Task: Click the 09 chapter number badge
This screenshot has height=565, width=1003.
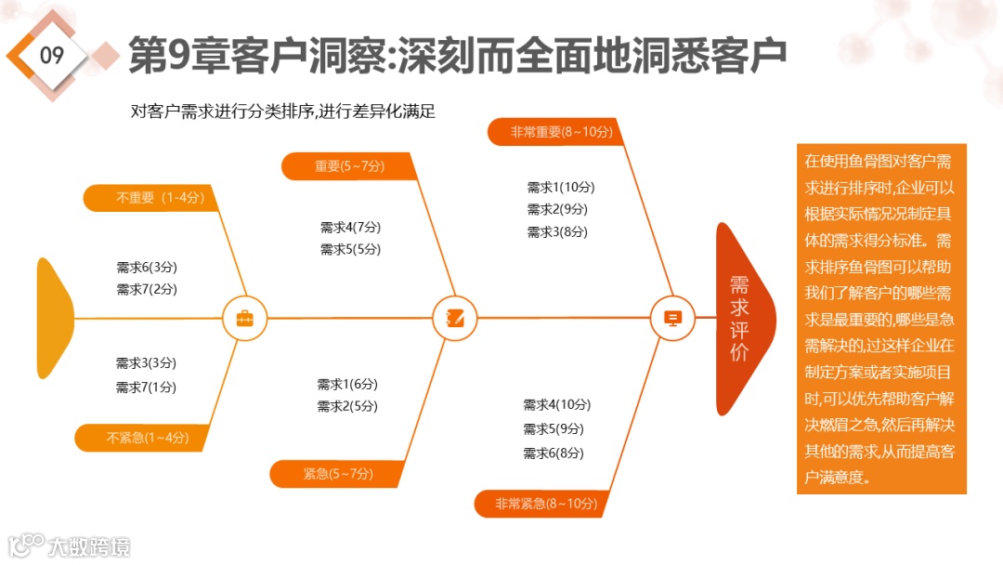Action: [52, 55]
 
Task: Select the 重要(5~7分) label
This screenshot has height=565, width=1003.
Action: [349, 166]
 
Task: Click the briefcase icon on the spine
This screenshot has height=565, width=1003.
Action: [244, 319]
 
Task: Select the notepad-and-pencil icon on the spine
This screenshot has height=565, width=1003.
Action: [455, 318]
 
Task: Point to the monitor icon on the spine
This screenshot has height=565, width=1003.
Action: [673, 318]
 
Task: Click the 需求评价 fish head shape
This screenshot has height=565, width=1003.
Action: [741, 319]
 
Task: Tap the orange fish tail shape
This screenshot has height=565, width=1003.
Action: [54, 318]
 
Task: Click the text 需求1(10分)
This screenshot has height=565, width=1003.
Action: [557, 187]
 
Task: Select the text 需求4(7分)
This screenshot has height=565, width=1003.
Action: [350, 227]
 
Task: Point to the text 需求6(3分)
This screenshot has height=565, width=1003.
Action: [147, 267]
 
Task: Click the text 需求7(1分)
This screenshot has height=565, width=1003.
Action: [146, 387]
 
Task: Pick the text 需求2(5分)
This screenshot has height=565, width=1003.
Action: [347, 406]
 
